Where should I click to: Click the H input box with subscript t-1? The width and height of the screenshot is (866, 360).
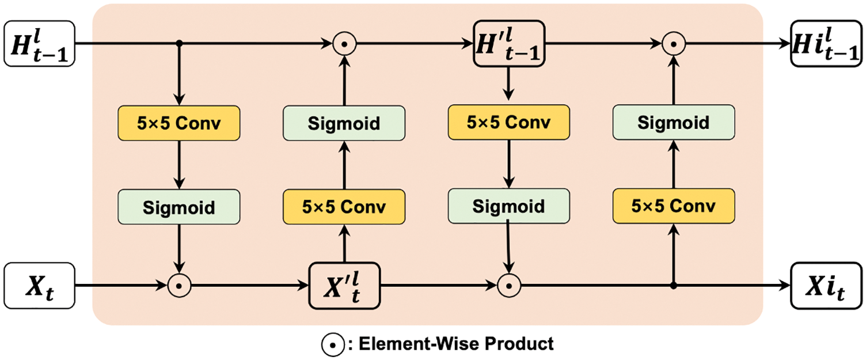pyautogui.click(x=39, y=44)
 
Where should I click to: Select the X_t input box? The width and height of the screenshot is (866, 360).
pyautogui.click(x=39, y=286)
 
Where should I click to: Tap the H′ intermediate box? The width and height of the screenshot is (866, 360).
pyautogui.click(x=509, y=44)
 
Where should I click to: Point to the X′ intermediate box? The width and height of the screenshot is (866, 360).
pyautogui.click(x=344, y=286)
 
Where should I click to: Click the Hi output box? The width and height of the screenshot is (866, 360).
pyautogui.click(x=826, y=44)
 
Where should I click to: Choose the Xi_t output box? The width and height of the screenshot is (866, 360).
pyautogui.click(x=826, y=286)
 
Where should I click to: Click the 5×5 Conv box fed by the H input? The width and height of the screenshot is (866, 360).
pyautogui.click(x=179, y=123)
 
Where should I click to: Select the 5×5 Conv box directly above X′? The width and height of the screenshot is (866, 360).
pyautogui.click(x=344, y=207)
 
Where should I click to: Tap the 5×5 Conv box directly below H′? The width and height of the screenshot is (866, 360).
pyautogui.click(x=509, y=122)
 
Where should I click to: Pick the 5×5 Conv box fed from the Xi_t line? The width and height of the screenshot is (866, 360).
pyautogui.click(x=674, y=206)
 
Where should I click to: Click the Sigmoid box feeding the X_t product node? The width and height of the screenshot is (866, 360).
pyautogui.click(x=179, y=207)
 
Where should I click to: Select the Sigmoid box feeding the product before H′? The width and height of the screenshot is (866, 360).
pyautogui.click(x=344, y=123)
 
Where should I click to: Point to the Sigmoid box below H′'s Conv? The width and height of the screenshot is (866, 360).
pyautogui.click(x=509, y=206)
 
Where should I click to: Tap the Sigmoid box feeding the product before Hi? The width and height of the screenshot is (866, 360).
pyautogui.click(x=674, y=122)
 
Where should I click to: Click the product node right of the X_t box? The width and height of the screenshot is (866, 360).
pyautogui.click(x=180, y=286)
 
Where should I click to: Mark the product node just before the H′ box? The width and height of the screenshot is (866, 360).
pyautogui.click(x=344, y=44)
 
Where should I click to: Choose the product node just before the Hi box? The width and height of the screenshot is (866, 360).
pyautogui.click(x=674, y=44)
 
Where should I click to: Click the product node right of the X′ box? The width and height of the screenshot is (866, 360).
pyautogui.click(x=509, y=286)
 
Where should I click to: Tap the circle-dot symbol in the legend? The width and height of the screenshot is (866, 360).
pyautogui.click(x=333, y=344)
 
